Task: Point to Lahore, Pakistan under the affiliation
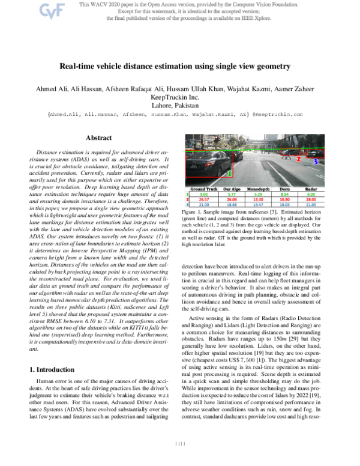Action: [179, 104]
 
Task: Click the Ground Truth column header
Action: [203, 189]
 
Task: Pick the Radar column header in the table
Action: [310, 189]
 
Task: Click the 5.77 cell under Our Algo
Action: [230, 194]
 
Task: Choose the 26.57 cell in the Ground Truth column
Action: [203, 199]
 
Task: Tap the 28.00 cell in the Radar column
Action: [310, 199]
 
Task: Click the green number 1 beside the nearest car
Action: [229, 174]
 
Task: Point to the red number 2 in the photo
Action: [298, 159]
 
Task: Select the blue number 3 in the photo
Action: [316, 162]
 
